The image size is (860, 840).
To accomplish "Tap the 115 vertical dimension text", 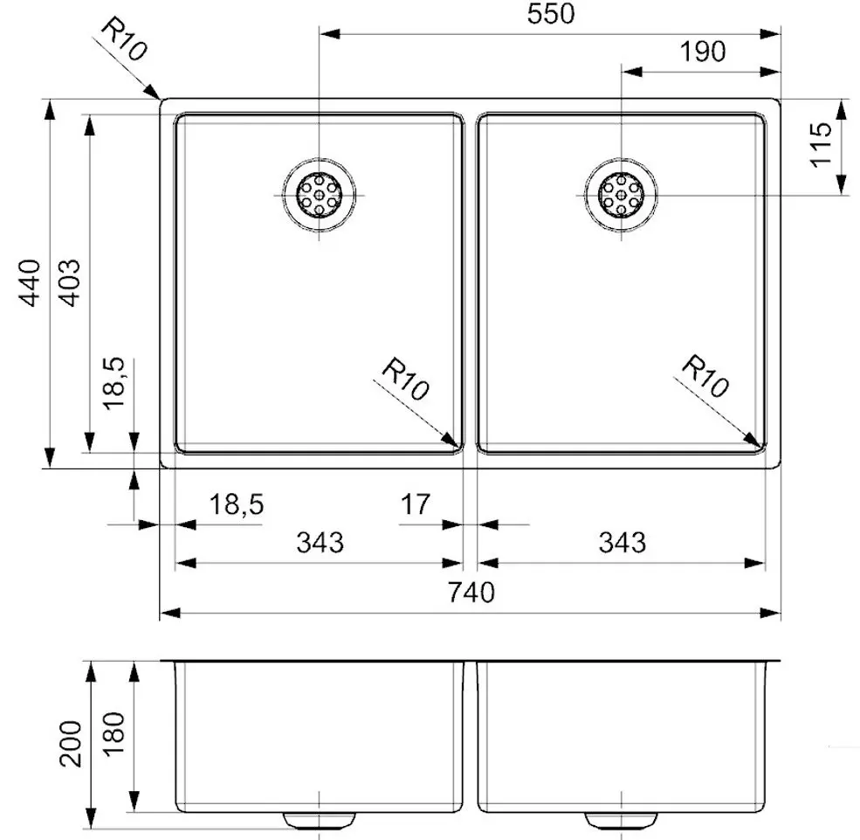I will (820, 146).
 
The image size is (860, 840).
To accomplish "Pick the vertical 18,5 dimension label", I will (115, 383).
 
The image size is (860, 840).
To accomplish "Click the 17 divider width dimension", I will (416, 504).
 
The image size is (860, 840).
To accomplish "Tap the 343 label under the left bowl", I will (320, 543).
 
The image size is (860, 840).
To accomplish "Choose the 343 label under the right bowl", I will (622, 543).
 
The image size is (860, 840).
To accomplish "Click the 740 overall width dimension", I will (471, 593).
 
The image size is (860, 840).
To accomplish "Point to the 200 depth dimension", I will (72, 743).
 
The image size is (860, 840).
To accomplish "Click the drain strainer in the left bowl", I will (319, 194).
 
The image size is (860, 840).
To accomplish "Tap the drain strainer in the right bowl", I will (621, 194).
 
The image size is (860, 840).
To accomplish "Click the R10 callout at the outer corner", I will (123, 40).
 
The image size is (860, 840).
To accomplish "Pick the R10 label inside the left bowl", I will (405, 381).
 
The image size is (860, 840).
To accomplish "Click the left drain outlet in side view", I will (320, 819).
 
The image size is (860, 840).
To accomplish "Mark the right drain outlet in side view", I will (621, 819).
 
